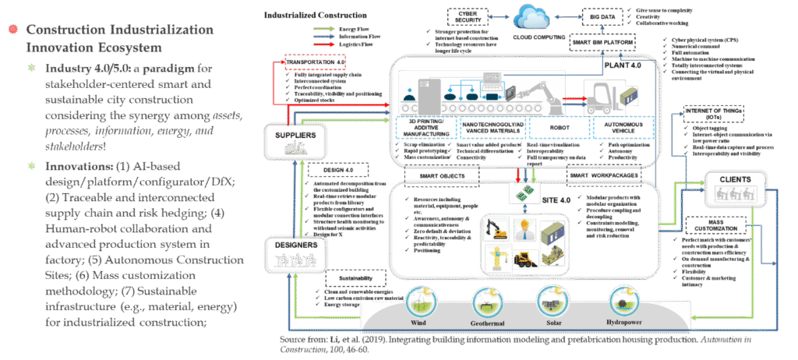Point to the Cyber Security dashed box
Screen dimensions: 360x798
tap(464, 16)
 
